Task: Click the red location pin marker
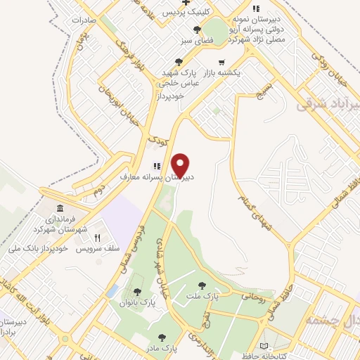pyautogui.click(x=180, y=165)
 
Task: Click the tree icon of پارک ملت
pyautogui.click(x=202, y=285)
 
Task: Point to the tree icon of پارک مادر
pyautogui.click(x=163, y=337)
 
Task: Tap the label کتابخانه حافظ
pyautogui.click(x=264, y=357)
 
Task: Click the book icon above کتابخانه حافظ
pyautogui.click(x=264, y=347)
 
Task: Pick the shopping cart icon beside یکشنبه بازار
pyautogui.click(x=222, y=62)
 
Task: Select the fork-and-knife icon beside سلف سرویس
pyautogui.click(x=98, y=238)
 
